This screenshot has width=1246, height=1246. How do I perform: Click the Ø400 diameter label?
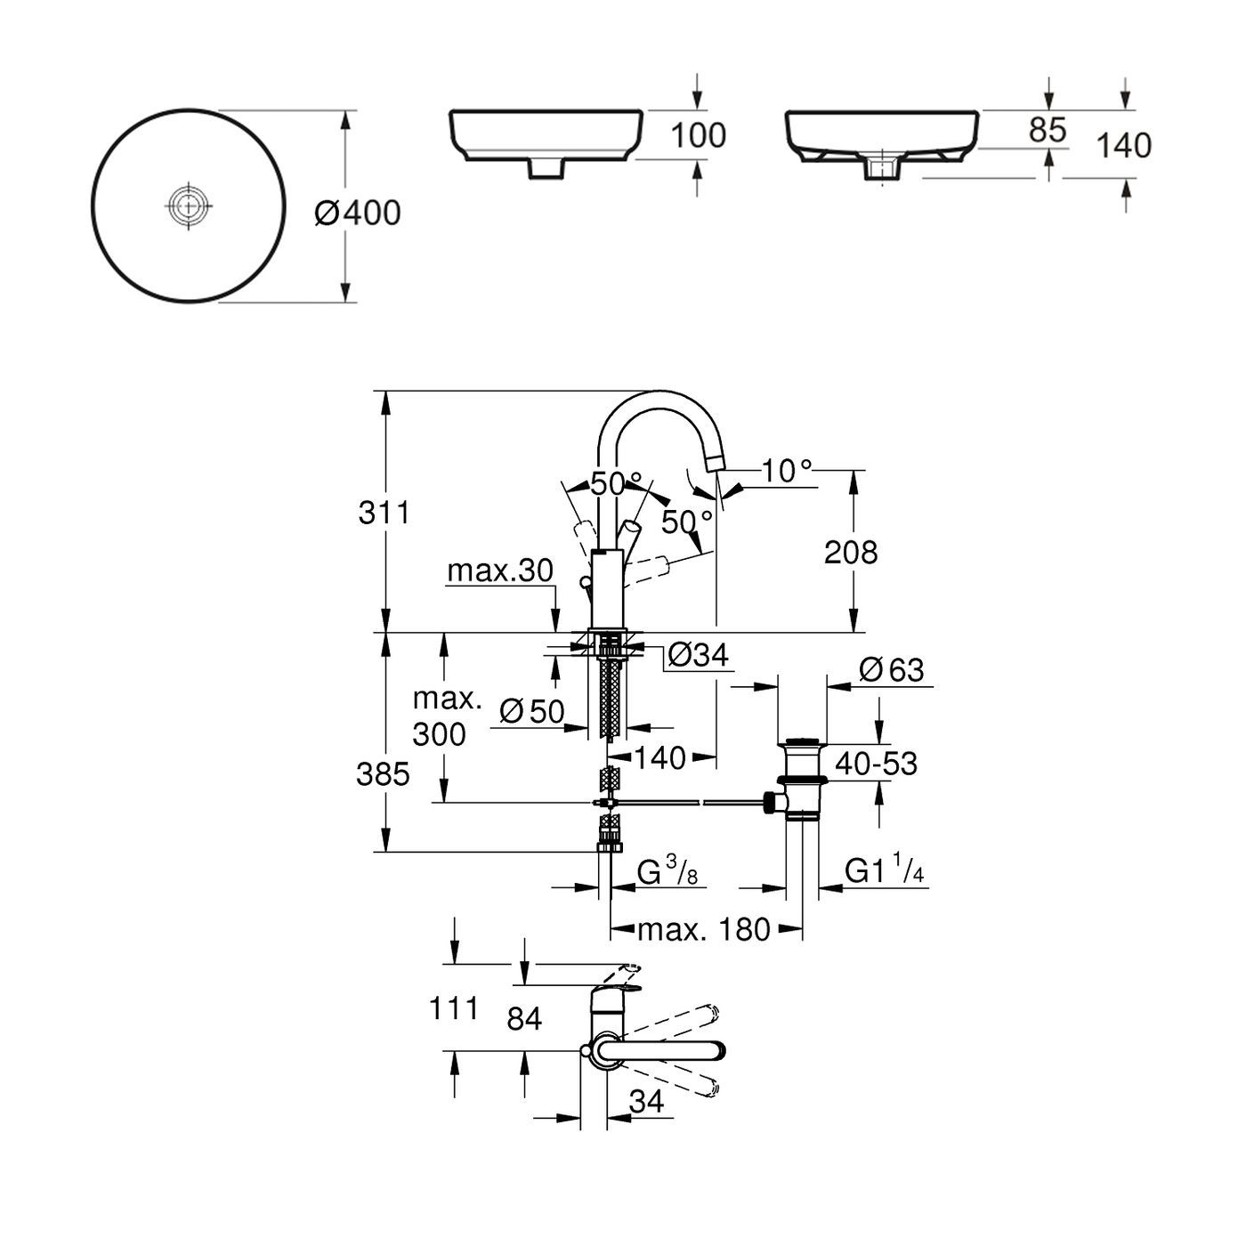pyautogui.click(x=358, y=213)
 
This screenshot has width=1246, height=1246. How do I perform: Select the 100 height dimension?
pyautogui.click(x=698, y=135)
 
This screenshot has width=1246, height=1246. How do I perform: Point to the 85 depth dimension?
pyautogui.click(x=1047, y=130)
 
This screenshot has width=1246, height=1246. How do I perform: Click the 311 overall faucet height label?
pyautogui.click(x=384, y=513)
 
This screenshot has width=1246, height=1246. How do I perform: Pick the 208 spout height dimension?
pyautogui.click(x=850, y=552)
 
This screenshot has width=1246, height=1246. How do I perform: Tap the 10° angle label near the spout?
pyautogui.click(x=787, y=470)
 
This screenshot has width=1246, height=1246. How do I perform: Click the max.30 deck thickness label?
pyautogui.click(x=499, y=570)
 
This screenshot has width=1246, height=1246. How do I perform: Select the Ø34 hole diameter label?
pyautogui.click(x=698, y=655)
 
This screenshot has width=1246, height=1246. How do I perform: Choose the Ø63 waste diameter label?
pyautogui.click(x=892, y=669)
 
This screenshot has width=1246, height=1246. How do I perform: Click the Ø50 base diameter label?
pyautogui.click(x=531, y=710)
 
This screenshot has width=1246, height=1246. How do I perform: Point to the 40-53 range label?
pyautogui.click(x=875, y=763)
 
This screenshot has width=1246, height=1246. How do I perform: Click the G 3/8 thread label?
pyautogui.click(x=667, y=872)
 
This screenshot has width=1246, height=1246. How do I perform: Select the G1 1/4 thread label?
pyautogui.click(x=885, y=871)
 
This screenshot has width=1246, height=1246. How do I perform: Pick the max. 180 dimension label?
pyautogui.click(x=703, y=930)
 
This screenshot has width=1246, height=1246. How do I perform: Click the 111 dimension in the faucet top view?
pyautogui.click(x=454, y=1008)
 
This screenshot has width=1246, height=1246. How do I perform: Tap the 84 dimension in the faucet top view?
pyautogui.click(x=523, y=1018)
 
